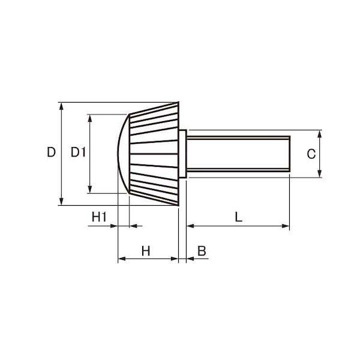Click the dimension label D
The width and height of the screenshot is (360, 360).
tap(51, 152)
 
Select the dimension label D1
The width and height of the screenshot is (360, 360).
tap(78, 152)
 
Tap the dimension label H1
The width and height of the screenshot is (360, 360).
tap(99, 217)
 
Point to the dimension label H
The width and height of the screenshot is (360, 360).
tap(146, 251)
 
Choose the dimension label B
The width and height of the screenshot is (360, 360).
tap(202, 251)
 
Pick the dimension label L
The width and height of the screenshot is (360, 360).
tap(239, 217)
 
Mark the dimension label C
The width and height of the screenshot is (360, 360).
tap(311, 154)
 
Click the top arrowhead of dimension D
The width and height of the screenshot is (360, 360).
tap(61, 106)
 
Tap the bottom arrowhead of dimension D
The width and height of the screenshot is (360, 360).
tap(61, 202)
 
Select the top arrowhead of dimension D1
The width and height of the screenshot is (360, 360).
tap(90, 118)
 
